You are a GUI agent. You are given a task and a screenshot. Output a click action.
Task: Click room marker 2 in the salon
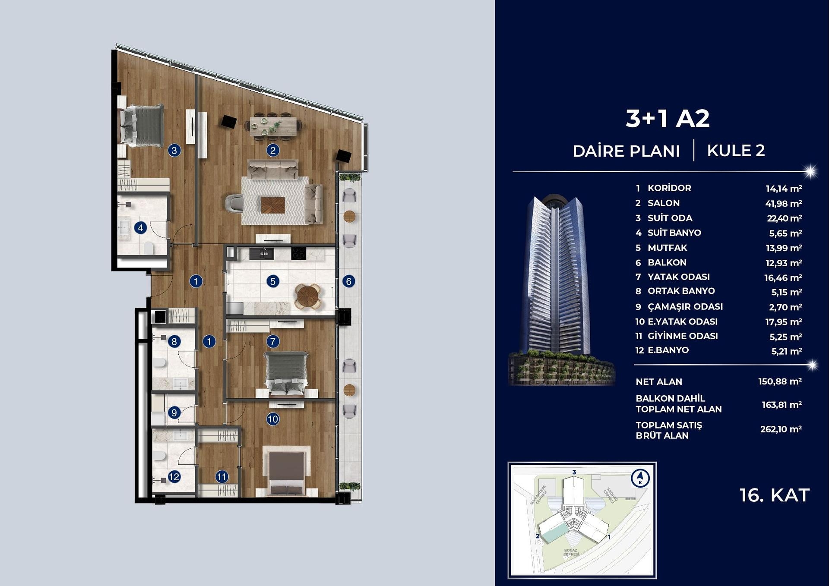pyautogui.click(x=272, y=150)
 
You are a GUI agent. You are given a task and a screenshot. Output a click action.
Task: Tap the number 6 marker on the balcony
pyautogui.click(x=348, y=281)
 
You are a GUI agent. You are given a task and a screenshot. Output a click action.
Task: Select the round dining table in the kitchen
pyautogui.click(x=308, y=296)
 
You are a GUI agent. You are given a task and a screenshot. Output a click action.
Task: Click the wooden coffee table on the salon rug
pyautogui.click(x=272, y=205)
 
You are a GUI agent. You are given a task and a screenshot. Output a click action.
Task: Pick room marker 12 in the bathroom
pyautogui.click(x=174, y=477)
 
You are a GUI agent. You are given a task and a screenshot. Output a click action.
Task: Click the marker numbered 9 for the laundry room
pyautogui.click(x=174, y=413)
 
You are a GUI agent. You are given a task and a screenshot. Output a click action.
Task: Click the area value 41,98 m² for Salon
pyautogui.click(x=783, y=203)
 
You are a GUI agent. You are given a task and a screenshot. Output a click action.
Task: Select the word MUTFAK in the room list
pyautogui.click(x=667, y=248)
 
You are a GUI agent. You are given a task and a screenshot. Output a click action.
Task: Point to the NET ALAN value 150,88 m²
pyautogui.click(x=780, y=381)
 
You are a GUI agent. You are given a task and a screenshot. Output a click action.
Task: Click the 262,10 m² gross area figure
pyautogui.click(x=781, y=429)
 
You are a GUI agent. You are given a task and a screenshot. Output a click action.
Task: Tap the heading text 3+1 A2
pyautogui.click(x=668, y=119)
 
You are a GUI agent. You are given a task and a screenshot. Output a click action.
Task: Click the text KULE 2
pyautogui.click(x=736, y=151)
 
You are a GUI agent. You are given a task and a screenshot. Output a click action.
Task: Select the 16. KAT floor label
pyautogui.click(x=774, y=495)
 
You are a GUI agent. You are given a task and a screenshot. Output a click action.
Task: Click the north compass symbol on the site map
pyautogui.click(x=640, y=478)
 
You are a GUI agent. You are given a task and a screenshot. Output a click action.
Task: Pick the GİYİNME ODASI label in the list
pyautogui.click(x=683, y=336)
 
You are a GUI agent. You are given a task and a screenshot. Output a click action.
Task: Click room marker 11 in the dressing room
pyautogui.click(x=221, y=477)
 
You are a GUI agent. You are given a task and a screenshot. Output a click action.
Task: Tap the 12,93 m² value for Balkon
pyautogui.click(x=783, y=263)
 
